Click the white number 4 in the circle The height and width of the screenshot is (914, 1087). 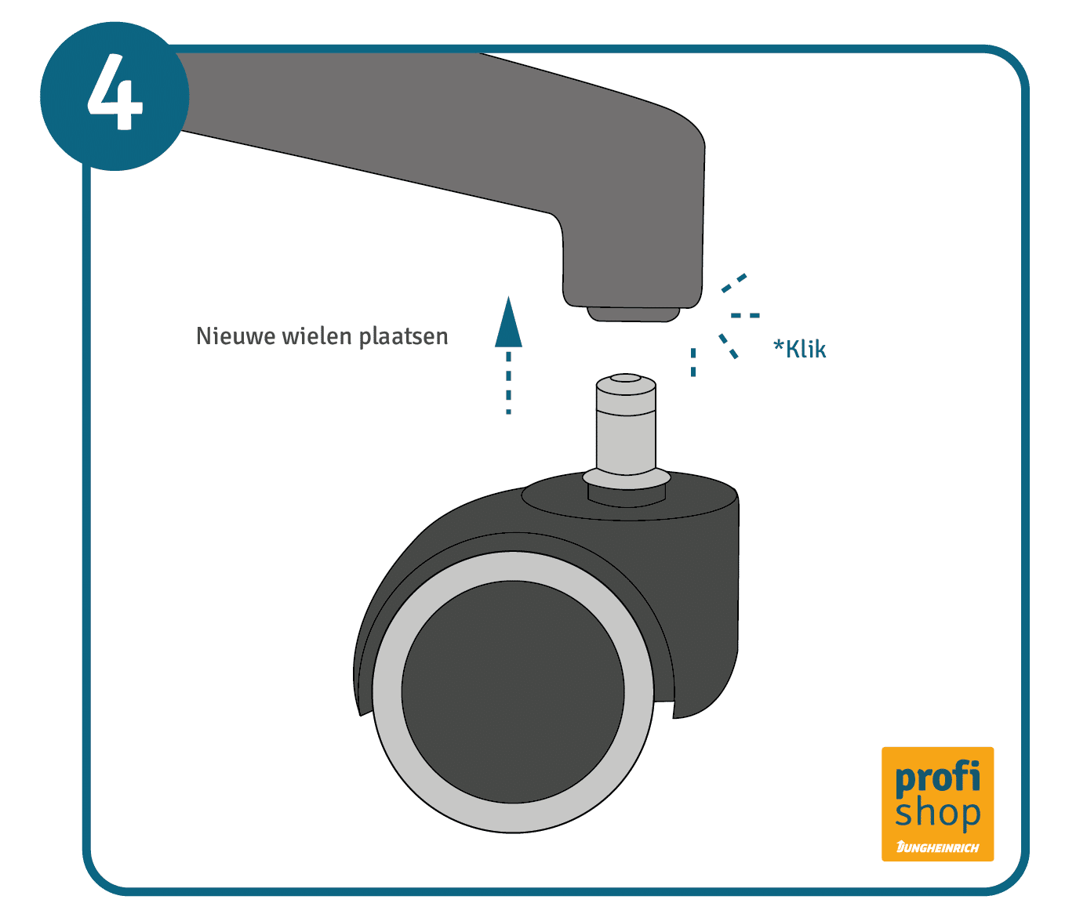point(115,92)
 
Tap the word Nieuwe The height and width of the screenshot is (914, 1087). point(235,335)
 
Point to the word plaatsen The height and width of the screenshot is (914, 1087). point(403,337)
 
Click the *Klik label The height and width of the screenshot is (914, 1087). point(800,348)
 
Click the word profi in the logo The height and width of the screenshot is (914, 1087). point(937,778)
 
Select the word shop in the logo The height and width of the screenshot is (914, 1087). point(937,813)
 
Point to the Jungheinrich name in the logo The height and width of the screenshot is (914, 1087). point(937,847)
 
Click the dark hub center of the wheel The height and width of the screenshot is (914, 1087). point(512,691)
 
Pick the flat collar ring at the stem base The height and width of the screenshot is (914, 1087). point(627,478)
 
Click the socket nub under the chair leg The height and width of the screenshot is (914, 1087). point(633,314)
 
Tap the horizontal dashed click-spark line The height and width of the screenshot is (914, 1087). point(745,315)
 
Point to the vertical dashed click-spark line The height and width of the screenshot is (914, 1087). point(693,362)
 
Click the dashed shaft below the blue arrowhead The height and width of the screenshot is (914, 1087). point(508,383)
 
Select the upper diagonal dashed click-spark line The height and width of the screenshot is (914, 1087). point(734,283)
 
